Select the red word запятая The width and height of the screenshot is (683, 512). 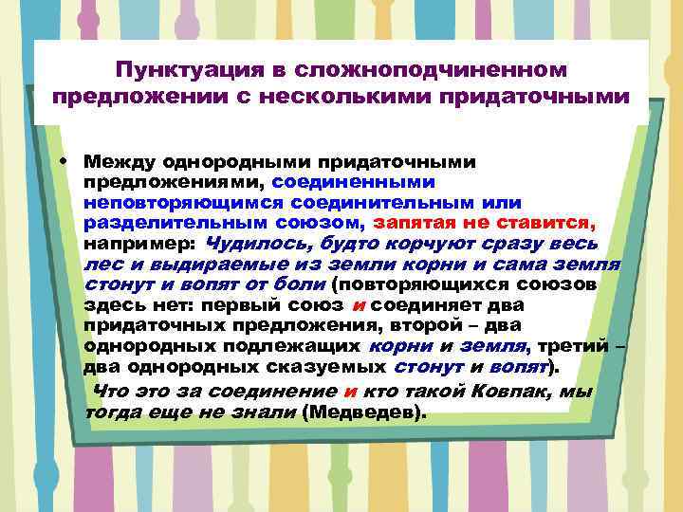(414, 223)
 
